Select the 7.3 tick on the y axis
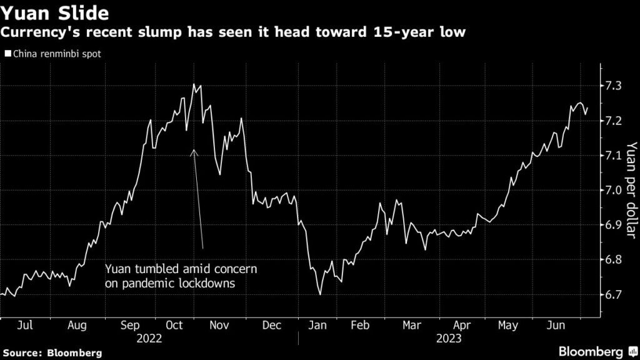[613, 85]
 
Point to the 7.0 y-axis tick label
[613, 190]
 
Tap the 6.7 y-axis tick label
[613, 294]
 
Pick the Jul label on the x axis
[25, 325]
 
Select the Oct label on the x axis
[176, 325]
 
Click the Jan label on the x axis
[319, 325]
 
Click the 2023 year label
[448, 338]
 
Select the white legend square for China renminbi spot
[7, 54]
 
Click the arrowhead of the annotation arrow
[194, 151]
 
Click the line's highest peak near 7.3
[193, 84]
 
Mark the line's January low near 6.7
[320, 294]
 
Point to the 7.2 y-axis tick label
[613, 120]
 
